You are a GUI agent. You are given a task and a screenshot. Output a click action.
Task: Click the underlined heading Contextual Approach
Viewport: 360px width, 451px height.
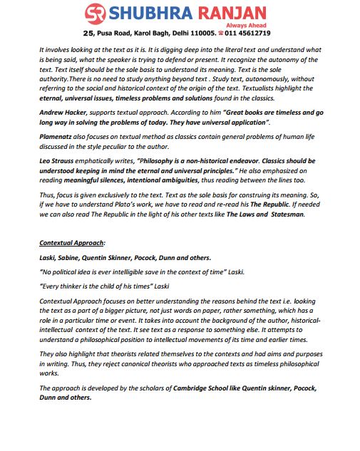pyautogui.click(x=71, y=243)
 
